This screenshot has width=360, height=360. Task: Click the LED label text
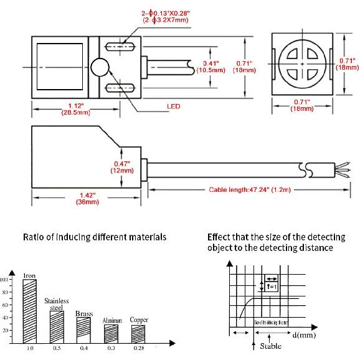click(173, 107)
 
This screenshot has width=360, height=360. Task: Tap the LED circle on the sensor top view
click(100, 68)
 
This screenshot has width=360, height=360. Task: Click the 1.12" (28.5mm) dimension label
click(75, 109)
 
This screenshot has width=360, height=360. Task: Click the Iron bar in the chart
click(29, 311)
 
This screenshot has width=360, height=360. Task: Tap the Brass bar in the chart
click(83, 330)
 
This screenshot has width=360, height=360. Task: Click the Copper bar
click(138, 333)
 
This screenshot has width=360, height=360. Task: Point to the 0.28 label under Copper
click(138, 349)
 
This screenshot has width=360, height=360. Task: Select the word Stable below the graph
click(270, 346)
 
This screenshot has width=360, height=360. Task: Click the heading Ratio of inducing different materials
click(95, 237)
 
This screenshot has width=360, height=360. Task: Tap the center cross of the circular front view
click(302, 64)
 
